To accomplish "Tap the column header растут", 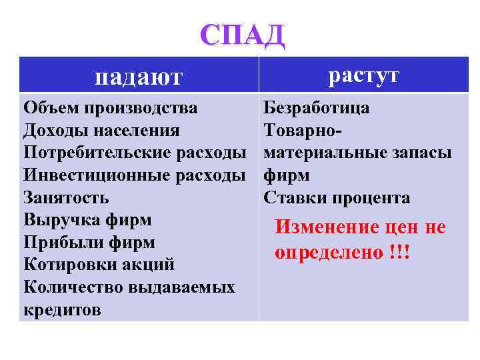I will (x=363, y=75).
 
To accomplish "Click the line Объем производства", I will (x=110, y=108).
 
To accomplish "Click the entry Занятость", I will (x=66, y=198).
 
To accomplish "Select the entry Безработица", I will (x=317, y=108).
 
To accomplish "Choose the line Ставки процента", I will (x=337, y=198).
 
